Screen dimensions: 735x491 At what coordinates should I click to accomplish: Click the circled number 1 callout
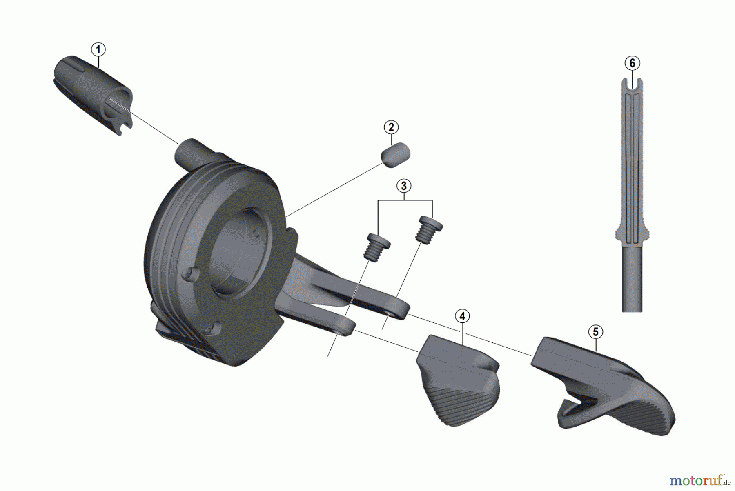point(98,50)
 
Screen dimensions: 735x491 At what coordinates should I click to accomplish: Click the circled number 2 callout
point(391,127)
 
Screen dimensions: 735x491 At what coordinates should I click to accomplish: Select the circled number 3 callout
point(404,186)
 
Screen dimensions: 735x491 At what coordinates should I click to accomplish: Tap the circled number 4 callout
point(462,316)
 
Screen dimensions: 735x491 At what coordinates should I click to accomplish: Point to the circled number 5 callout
point(595,332)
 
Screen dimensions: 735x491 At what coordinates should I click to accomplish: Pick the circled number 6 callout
point(632,63)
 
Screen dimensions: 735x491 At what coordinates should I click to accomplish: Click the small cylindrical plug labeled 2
point(395,155)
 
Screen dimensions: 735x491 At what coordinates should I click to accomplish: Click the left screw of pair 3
point(377,246)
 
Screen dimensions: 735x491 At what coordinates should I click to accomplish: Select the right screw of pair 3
point(429,230)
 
